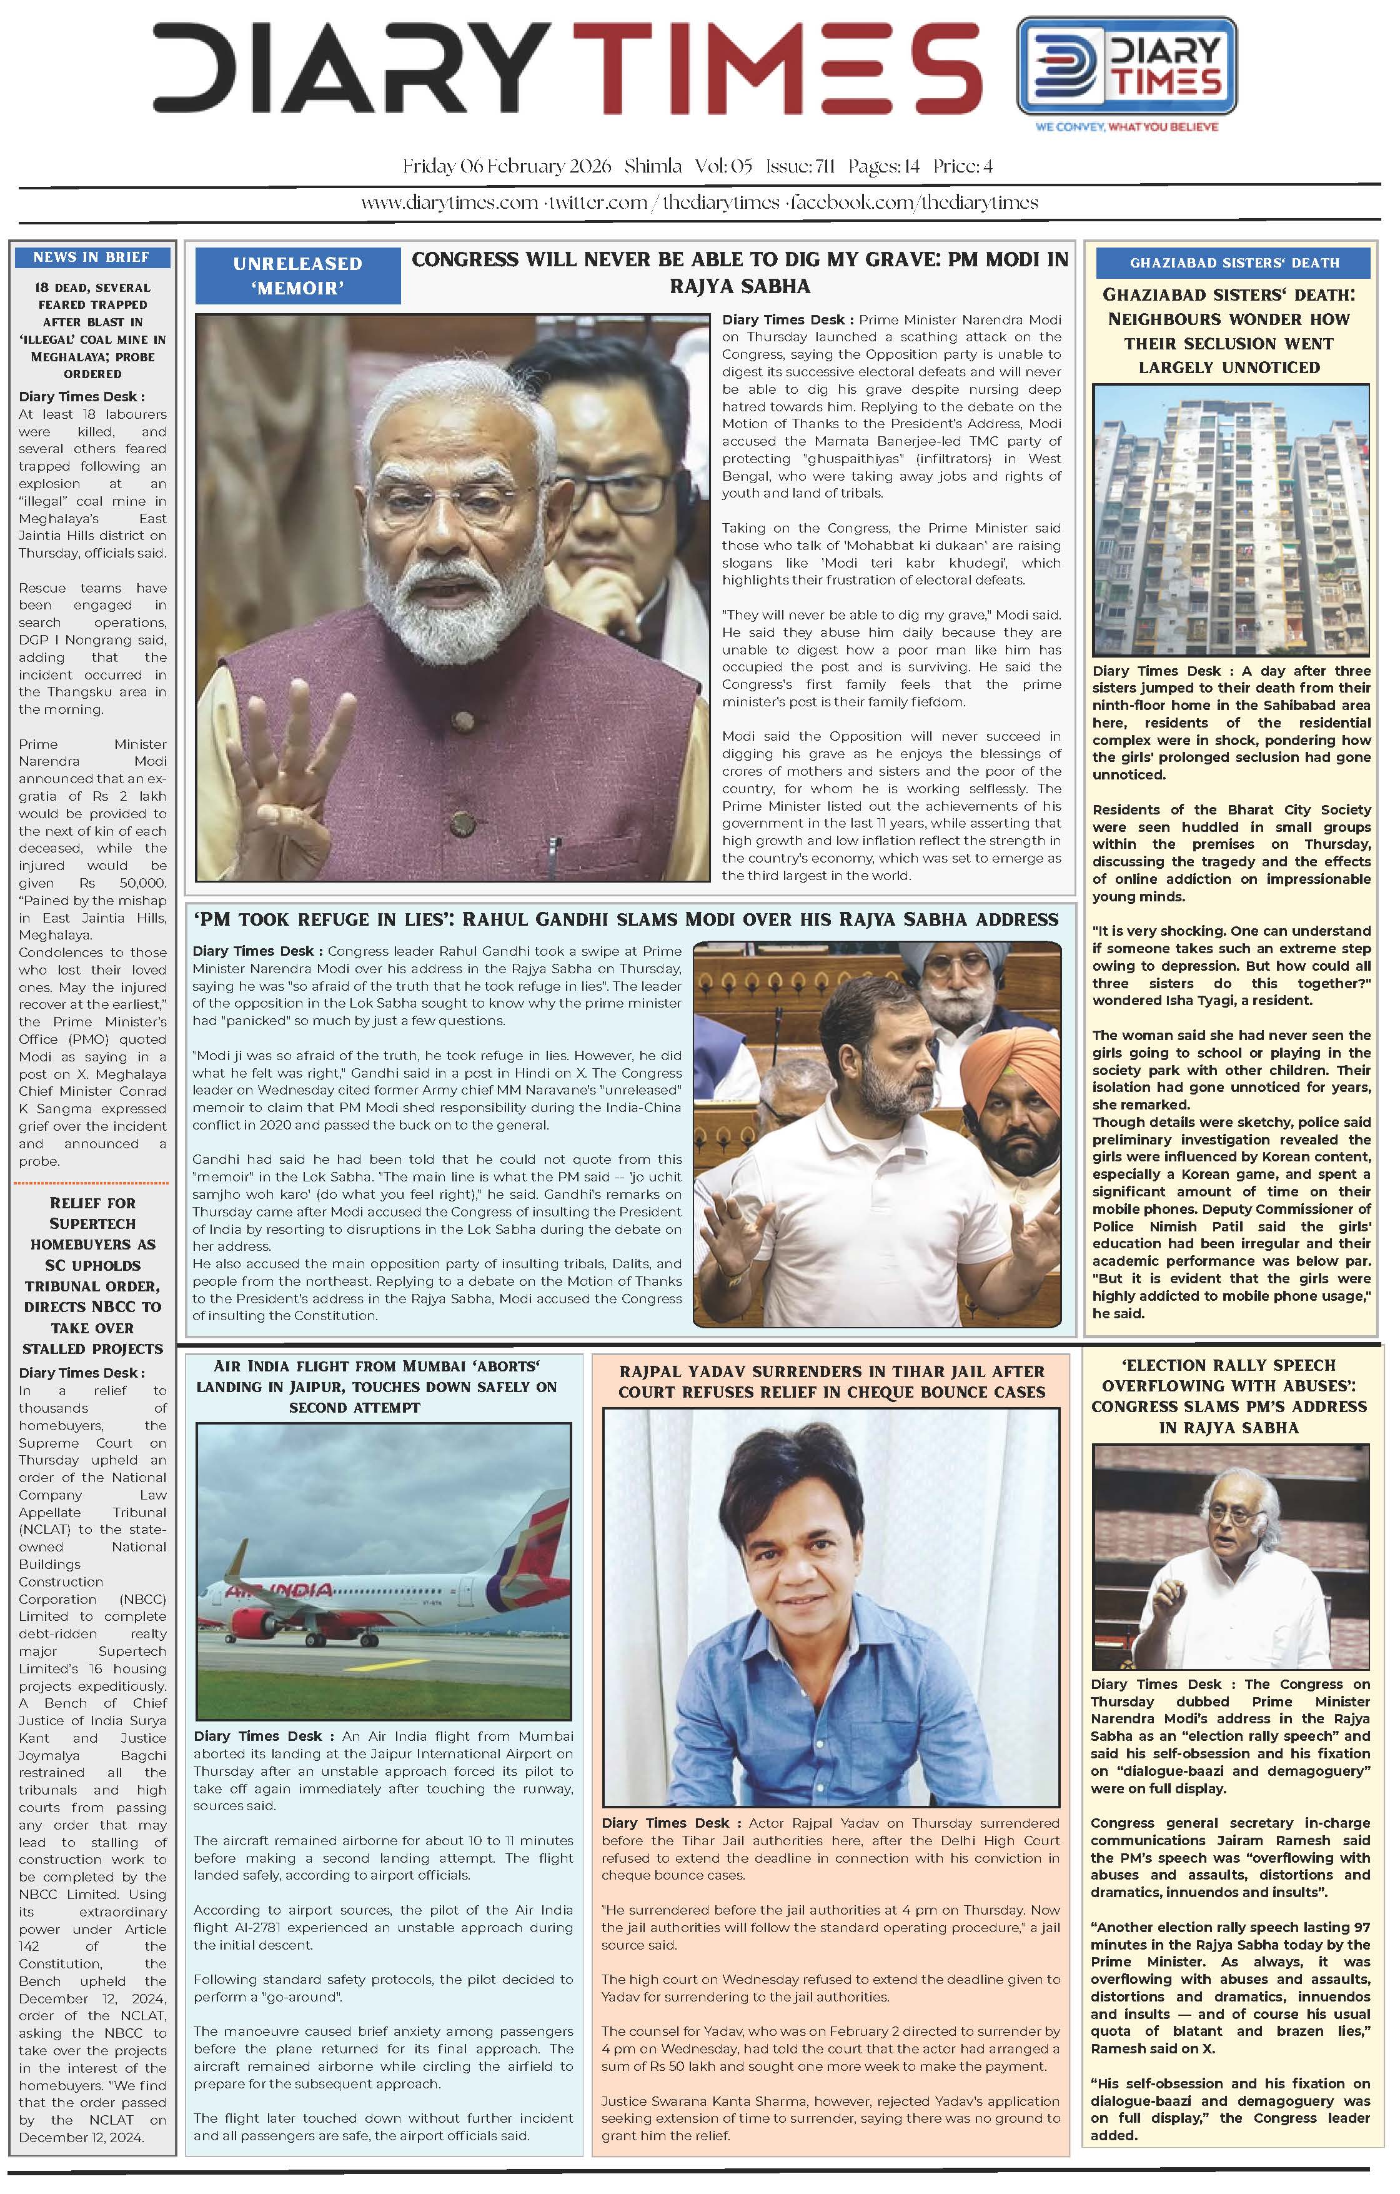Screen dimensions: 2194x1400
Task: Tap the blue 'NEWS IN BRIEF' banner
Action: (92, 257)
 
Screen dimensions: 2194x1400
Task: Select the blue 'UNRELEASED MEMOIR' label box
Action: (298, 275)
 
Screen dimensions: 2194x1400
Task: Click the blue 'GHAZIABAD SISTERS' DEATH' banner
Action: (1233, 263)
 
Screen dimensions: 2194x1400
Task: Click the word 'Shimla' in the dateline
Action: (653, 167)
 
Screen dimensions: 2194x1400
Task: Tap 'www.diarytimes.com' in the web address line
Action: (449, 203)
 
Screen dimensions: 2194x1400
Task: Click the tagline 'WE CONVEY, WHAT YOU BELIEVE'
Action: (1127, 127)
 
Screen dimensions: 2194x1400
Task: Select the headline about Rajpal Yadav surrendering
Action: (831, 1381)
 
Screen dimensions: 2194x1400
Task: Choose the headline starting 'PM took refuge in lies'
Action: (625, 919)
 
